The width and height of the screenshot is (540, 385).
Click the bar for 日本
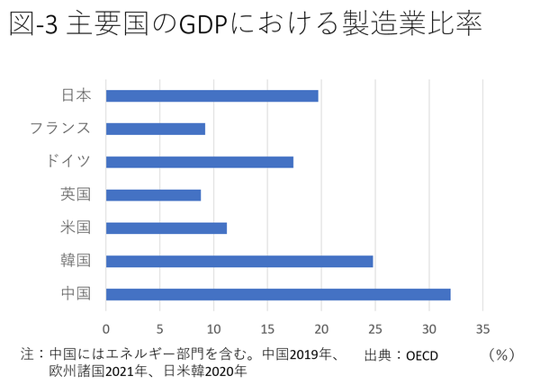pyautogui.click(x=211, y=95)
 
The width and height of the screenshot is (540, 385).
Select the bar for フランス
pyautogui.click(x=156, y=129)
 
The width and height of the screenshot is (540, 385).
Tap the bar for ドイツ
pyautogui.click(x=200, y=162)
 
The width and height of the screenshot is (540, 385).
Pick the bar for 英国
pyautogui.click(x=153, y=194)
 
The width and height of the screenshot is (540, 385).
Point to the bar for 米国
pyautogui.click(x=166, y=228)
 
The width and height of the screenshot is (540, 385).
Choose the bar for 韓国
pyautogui.click(x=239, y=261)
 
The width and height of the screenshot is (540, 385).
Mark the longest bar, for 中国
pyautogui.click(x=278, y=294)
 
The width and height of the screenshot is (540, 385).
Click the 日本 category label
pyautogui.click(x=76, y=95)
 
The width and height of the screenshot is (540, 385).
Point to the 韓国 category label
pyautogui.click(x=76, y=261)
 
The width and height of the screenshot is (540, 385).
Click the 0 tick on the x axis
pyautogui.click(x=106, y=328)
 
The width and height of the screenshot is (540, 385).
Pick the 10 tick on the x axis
pyautogui.click(x=214, y=328)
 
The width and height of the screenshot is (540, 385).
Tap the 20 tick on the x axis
pyautogui.click(x=322, y=328)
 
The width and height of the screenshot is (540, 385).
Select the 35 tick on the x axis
pyautogui.click(x=484, y=328)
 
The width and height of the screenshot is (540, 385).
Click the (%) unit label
pyautogui.click(x=500, y=354)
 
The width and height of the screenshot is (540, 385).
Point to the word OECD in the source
pyautogui.click(x=422, y=355)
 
